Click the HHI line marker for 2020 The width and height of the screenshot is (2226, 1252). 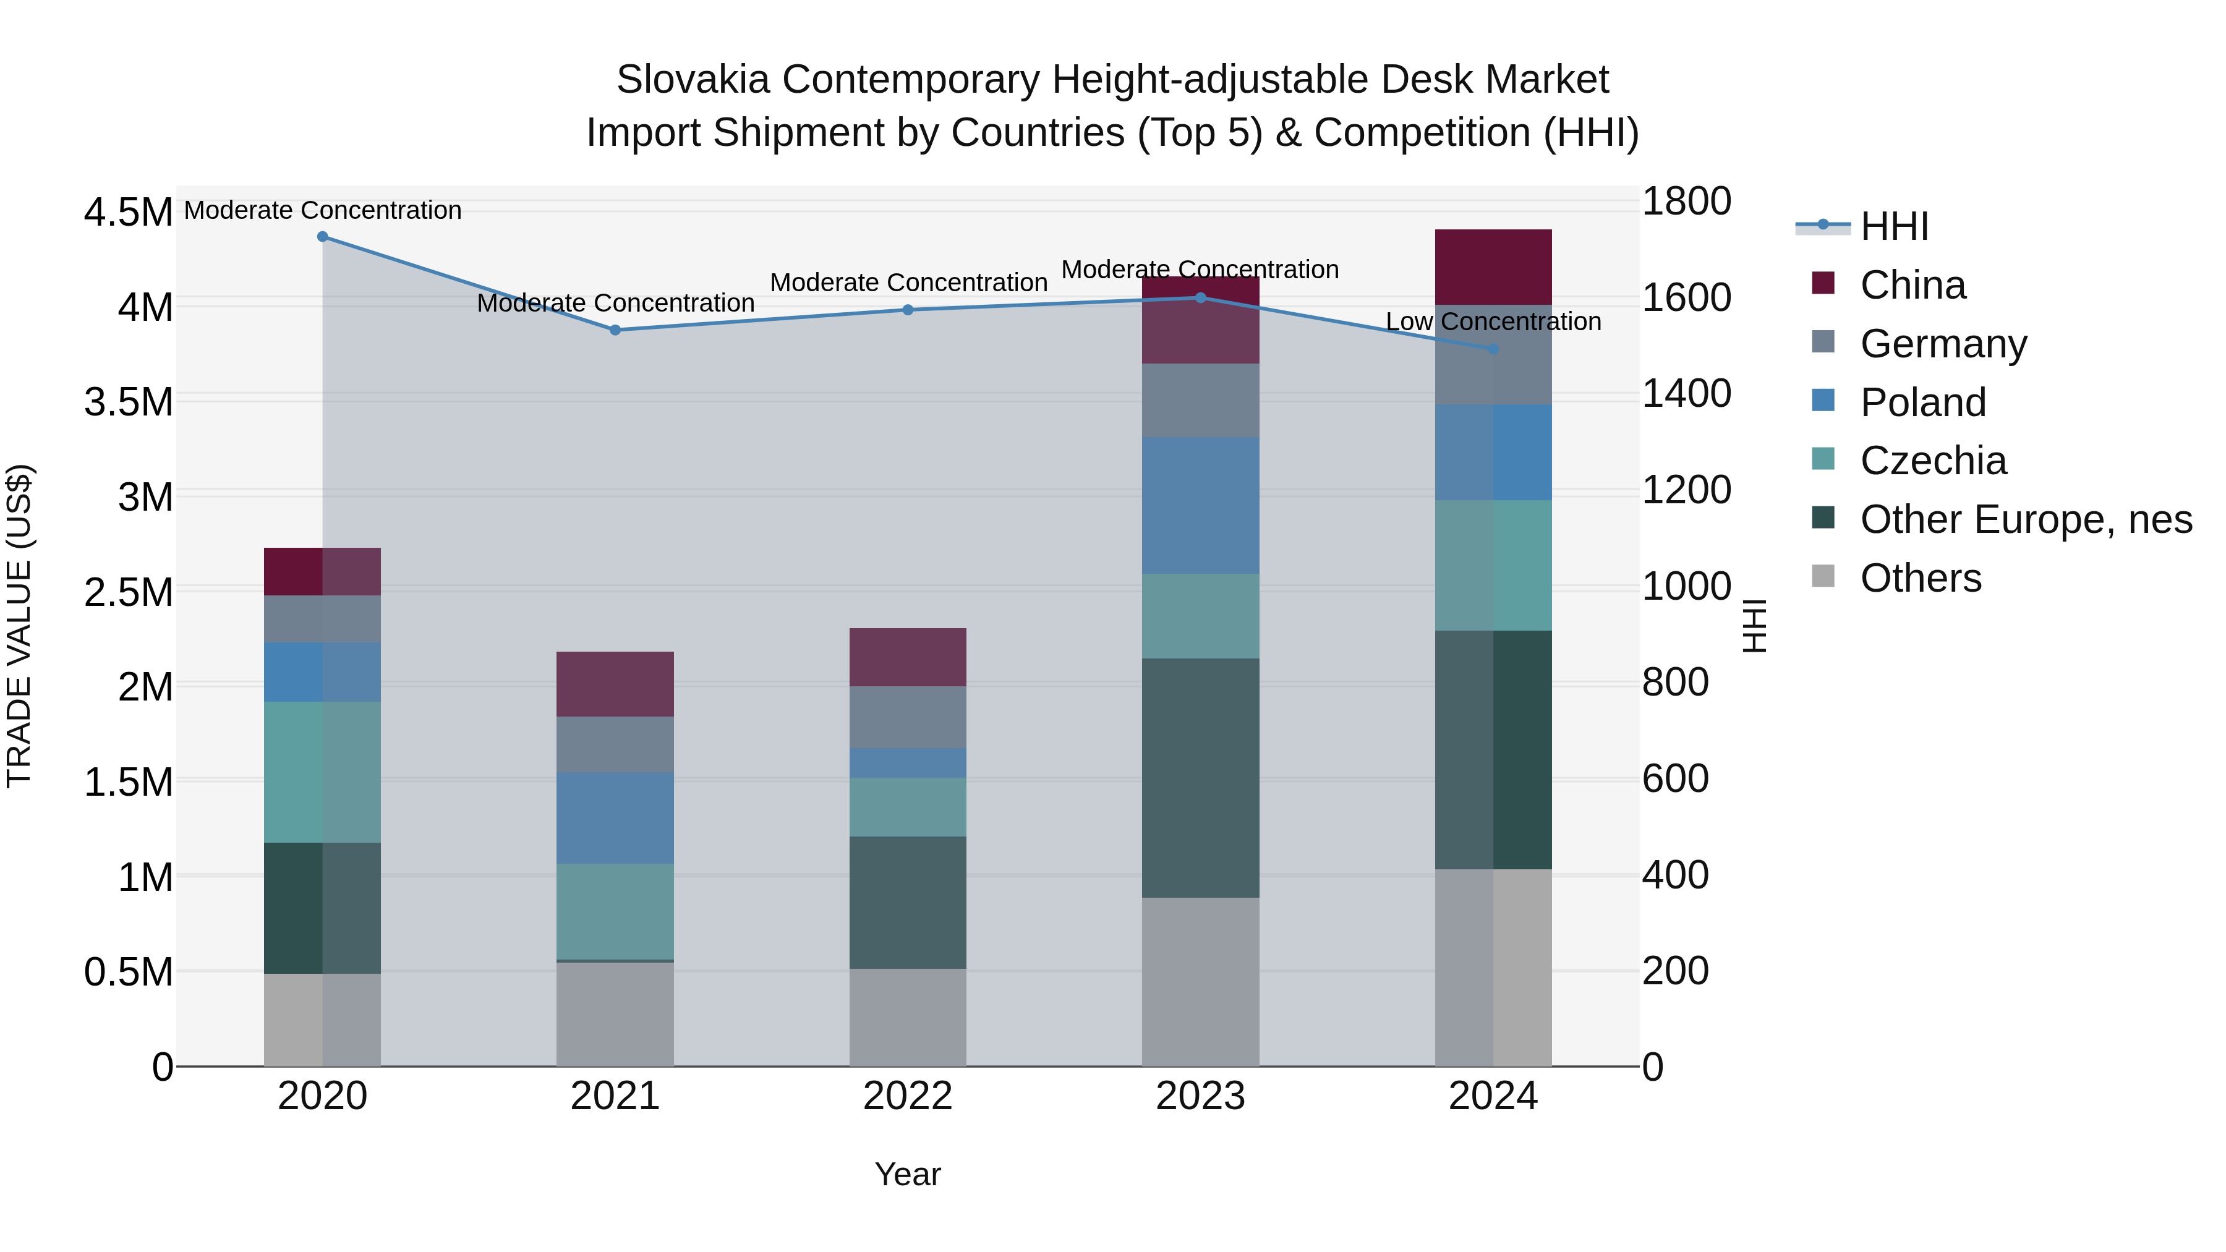click(322, 237)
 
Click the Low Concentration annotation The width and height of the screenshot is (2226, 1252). click(1493, 322)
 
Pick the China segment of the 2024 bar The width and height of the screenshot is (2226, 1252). click(1493, 267)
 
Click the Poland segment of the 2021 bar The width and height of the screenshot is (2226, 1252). click(615, 817)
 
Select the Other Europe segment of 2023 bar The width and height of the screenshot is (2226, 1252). click(1200, 778)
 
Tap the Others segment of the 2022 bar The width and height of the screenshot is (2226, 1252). click(907, 1017)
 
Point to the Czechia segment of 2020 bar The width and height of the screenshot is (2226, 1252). click(322, 772)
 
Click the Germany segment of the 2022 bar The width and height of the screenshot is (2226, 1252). click(907, 717)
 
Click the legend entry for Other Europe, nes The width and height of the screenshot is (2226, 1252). click(2026, 519)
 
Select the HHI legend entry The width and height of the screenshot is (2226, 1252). click(1894, 226)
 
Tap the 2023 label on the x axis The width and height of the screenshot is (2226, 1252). click(1200, 1096)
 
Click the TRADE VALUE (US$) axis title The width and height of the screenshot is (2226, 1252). click(19, 626)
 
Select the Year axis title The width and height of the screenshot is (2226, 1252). click(907, 1174)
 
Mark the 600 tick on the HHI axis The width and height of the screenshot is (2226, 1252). click(1674, 778)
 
